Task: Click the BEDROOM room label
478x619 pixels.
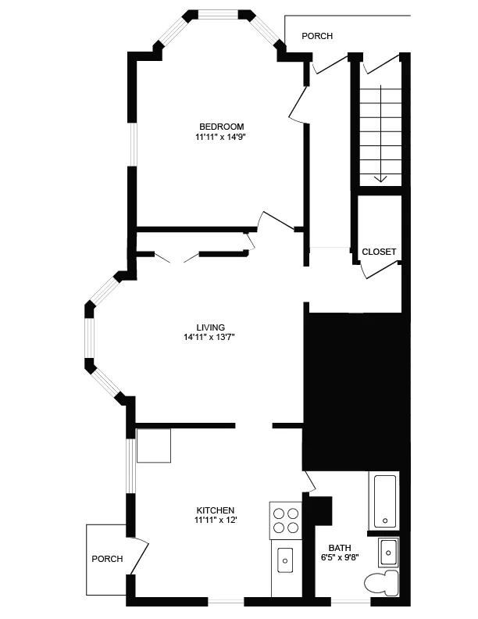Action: [x=221, y=127]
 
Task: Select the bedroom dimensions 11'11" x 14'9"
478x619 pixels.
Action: [x=221, y=137]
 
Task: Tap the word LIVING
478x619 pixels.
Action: [x=210, y=327]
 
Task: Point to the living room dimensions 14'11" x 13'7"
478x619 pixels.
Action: [x=209, y=338]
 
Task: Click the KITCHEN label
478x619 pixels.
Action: [x=216, y=510]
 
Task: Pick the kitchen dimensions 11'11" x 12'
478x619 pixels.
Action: [x=216, y=520]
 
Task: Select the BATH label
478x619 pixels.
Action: [x=340, y=548]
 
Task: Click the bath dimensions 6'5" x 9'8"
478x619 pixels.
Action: [x=340, y=558]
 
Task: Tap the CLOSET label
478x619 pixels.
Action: [x=379, y=252]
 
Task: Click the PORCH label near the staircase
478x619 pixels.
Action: [x=317, y=36]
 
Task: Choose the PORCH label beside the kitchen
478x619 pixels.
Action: [x=107, y=559]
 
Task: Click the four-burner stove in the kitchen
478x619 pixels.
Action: [x=286, y=520]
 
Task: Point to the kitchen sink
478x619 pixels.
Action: [x=285, y=559]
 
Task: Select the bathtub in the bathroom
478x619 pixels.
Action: [x=384, y=500]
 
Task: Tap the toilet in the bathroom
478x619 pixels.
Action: [x=380, y=583]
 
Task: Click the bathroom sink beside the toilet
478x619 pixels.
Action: [x=388, y=552]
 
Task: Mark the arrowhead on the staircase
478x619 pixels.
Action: [x=380, y=178]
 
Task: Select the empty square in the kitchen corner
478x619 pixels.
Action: [x=154, y=445]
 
